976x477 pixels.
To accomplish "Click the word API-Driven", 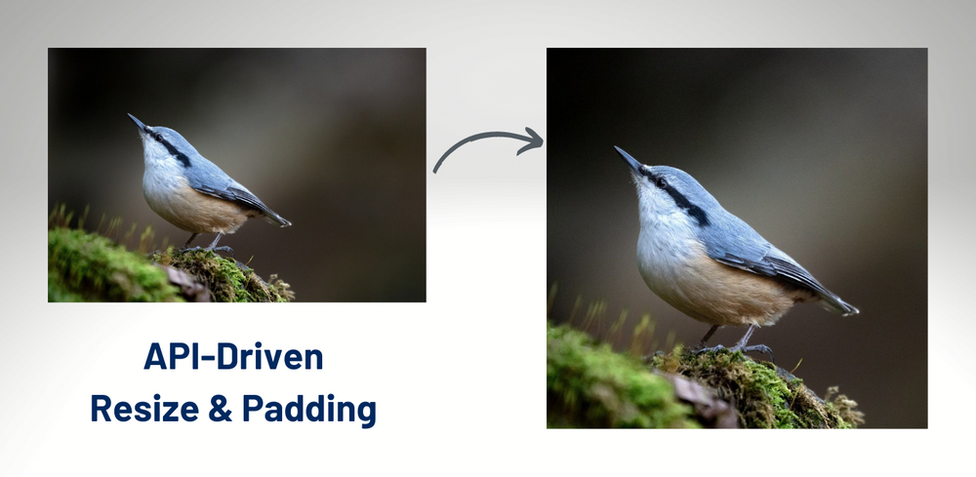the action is coord(233,357).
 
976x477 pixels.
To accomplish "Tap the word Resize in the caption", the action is coord(145,409).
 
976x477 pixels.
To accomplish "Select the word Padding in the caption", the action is coord(309,411).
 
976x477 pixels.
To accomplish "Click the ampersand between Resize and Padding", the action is coord(221,409).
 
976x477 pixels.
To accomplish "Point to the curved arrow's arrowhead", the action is coord(530,141).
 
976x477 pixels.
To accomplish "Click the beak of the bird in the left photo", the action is coord(137,121).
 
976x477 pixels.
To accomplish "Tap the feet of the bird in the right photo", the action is coord(735,347).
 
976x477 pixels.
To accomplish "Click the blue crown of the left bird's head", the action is coord(165,132).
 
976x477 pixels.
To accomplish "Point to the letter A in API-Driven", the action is coord(154,357).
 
